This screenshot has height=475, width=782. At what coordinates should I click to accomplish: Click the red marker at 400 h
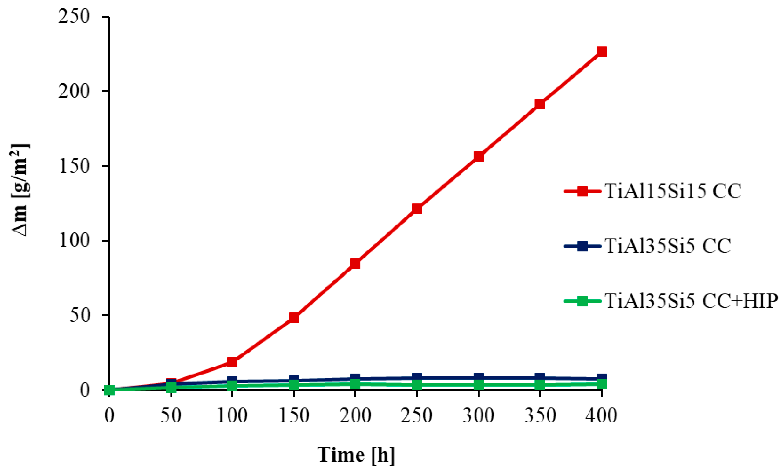[601, 52]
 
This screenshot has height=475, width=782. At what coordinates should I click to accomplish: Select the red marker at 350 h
[540, 104]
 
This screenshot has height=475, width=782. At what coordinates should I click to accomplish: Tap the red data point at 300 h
[479, 156]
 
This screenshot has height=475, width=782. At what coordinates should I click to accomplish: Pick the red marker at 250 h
[417, 208]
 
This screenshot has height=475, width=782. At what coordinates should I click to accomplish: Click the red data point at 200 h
[355, 263]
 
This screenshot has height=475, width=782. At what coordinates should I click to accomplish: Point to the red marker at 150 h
[294, 318]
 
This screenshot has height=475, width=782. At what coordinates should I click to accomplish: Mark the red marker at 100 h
[232, 362]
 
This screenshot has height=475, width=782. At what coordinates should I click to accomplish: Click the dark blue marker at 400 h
[601, 378]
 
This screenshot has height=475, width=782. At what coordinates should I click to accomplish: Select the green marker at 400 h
[601, 385]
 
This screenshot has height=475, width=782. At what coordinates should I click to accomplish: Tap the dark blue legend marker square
[582, 246]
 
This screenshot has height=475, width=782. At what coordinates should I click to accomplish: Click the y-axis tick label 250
[74, 16]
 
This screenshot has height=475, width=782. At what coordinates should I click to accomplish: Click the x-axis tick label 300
[478, 415]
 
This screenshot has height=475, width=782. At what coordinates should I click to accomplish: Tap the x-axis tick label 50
[171, 415]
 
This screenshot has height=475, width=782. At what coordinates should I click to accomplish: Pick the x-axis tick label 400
[601, 415]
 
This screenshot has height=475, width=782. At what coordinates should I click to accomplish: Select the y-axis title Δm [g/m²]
[20, 190]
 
